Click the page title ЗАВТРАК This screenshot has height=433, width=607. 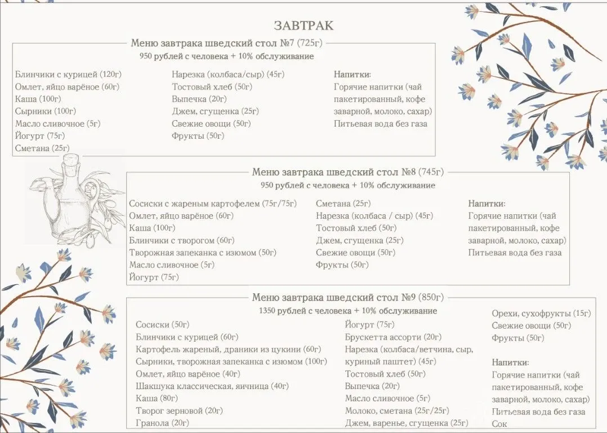(303, 25)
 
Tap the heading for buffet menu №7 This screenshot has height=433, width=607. (227, 43)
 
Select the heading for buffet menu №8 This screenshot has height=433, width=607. (348, 172)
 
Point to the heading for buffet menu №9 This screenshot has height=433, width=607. (348, 297)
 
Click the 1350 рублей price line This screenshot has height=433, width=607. (348, 311)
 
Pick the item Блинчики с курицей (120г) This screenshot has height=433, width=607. (69, 74)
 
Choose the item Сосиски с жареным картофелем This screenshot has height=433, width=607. (213, 204)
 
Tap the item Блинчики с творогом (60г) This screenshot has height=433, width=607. (182, 240)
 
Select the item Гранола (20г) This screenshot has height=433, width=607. (162, 423)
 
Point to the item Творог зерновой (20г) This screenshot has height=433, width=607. (179, 410)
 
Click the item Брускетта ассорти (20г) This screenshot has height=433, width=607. (393, 337)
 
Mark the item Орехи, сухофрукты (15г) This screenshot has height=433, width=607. (541, 313)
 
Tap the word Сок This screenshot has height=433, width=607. (499, 423)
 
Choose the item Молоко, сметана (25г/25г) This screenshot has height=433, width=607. (397, 411)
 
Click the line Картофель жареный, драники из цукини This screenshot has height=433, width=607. (228, 350)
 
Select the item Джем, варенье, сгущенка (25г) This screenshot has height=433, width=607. (407, 423)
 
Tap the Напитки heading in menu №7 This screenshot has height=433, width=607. (352, 74)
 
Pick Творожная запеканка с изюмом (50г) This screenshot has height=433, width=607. (203, 253)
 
